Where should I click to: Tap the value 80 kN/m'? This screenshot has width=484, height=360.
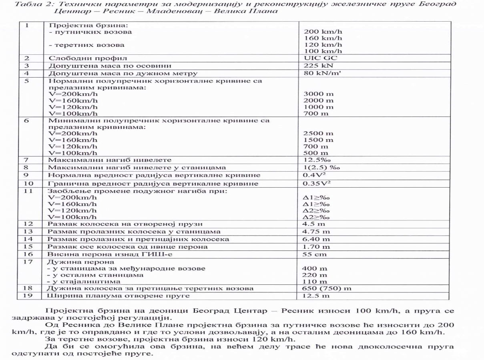321,73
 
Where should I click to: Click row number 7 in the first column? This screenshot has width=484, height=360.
27,160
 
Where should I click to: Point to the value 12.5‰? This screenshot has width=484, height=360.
315,160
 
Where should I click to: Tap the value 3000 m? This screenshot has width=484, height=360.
318,94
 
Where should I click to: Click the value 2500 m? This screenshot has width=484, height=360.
318,133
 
